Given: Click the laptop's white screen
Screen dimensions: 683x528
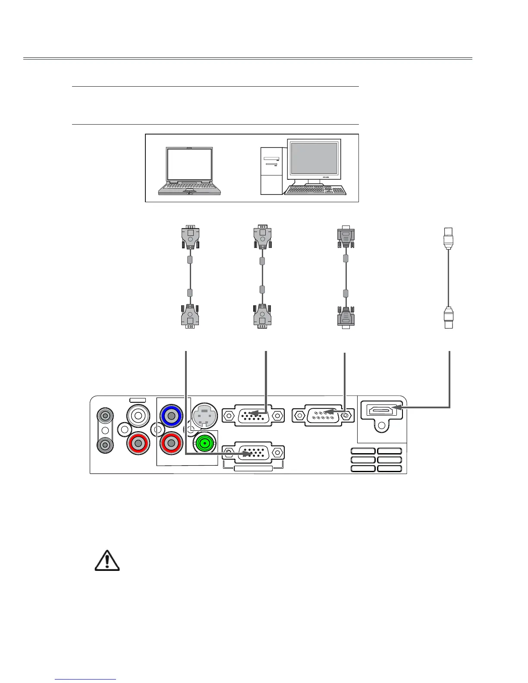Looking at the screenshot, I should pyautogui.click(x=190, y=166).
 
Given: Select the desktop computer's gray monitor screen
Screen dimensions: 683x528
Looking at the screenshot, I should pyautogui.click(x=314, y=158).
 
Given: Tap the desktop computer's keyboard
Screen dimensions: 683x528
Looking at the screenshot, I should pyautogui.click(x=315, y=190).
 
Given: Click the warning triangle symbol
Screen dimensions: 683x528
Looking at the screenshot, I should pyautogui.click(x=107, y=561).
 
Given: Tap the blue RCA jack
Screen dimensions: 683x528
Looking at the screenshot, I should pyautogui.click(x=171, y=416).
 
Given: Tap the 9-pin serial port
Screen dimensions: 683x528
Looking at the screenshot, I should pyautogui.click(x=323, y=415).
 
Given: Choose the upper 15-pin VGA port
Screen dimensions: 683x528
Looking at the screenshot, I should pyautogui.click(x=253, y=415).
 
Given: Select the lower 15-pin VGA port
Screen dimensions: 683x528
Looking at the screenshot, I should pyautogui.click(x=253, y=453).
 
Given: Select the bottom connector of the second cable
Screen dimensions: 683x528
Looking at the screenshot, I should pyautogui.click(x=262, y=316).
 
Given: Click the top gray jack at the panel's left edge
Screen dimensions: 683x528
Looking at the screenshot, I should pyautogui.click(x=105, y=416).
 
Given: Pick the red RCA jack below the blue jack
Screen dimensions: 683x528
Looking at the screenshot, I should pyautogui.click(x=171, y=443).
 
